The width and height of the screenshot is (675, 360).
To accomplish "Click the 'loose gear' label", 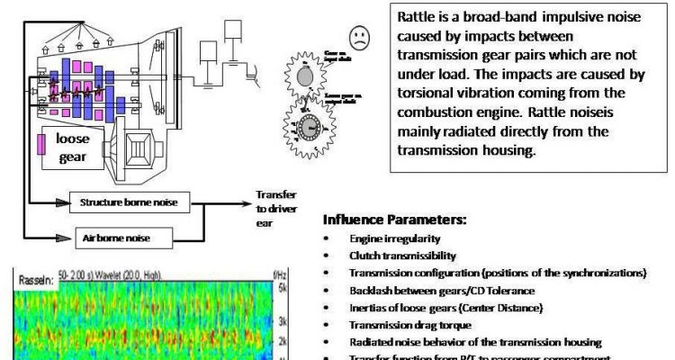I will [x=73, y=148].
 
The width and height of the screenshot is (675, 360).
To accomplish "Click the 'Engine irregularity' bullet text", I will [x=395, y=238].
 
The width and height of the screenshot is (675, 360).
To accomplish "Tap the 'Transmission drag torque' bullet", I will [x=405, y=325].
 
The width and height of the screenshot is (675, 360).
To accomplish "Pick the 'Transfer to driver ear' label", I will [x=275, y=208].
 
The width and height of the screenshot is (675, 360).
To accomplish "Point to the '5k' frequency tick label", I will [x=281, y=288].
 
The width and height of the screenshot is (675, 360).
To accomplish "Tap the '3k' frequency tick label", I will [x=281, y=320].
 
